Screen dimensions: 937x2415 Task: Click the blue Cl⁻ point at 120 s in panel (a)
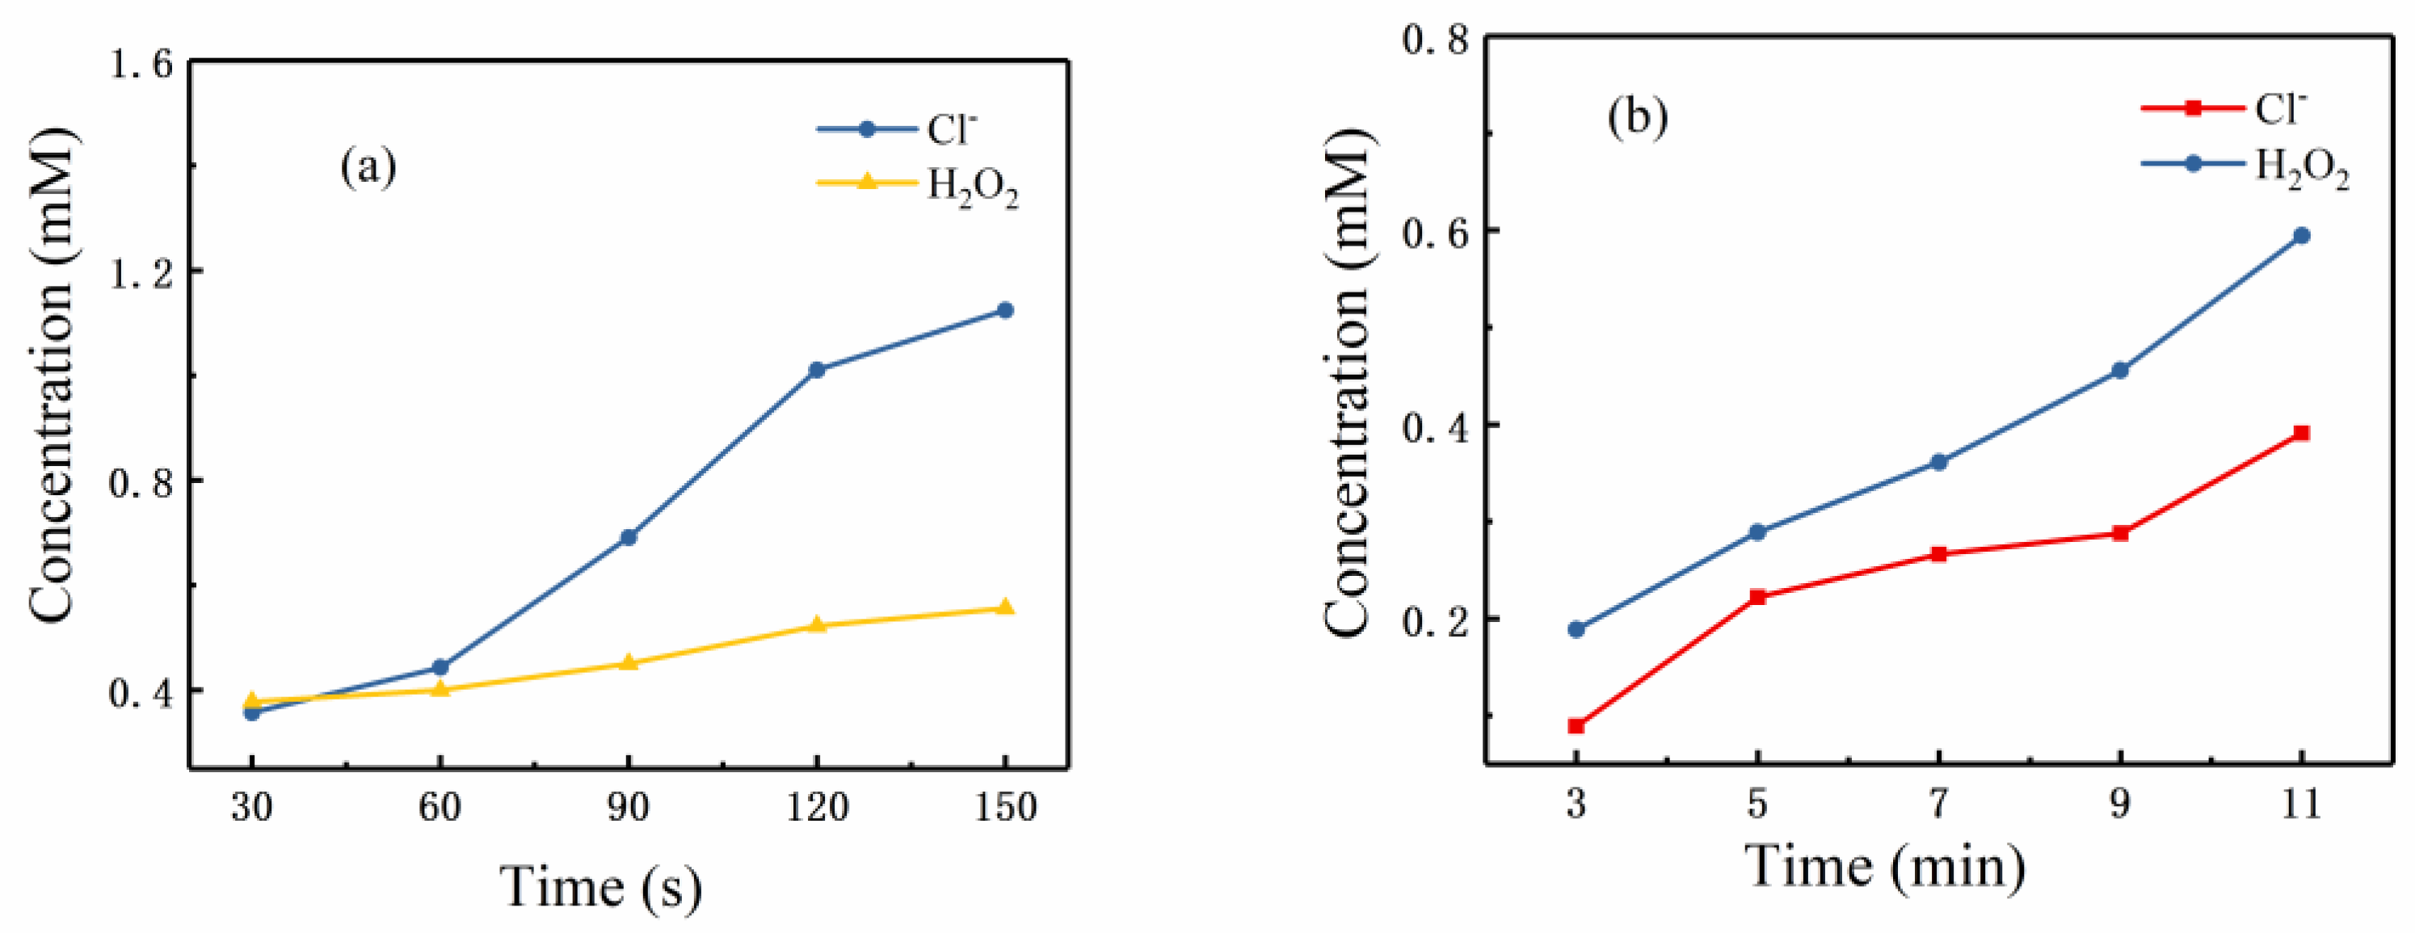(817, 370)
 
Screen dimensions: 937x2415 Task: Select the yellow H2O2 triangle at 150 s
(1005, 608)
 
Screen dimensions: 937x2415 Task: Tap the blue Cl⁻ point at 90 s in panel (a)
(628, 537)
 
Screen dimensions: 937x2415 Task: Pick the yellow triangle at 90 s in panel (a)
(628, 663)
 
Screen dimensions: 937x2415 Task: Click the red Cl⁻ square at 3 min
(1576, 726)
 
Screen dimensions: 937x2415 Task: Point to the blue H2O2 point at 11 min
(2300, 236)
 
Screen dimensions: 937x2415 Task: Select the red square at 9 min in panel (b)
(2119, 533)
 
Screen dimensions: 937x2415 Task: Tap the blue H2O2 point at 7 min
(1939, 462)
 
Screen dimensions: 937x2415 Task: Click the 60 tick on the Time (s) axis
(440, 807)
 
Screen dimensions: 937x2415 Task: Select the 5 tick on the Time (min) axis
(1757, 804)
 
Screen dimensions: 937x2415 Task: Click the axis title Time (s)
(601, 885)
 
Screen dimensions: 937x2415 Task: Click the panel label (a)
(368, 169)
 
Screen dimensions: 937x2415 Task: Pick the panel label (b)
(1638, 118)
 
